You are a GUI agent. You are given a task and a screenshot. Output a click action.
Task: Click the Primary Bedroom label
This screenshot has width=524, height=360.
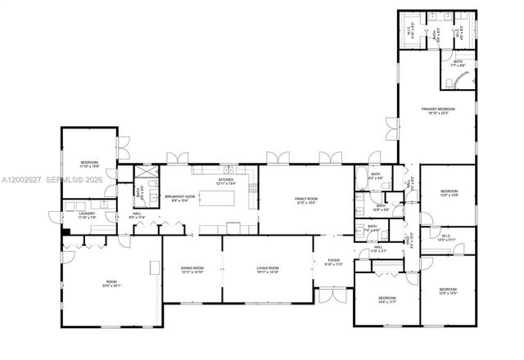(x=438, y=110)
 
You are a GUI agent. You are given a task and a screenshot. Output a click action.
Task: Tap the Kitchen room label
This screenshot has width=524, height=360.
(x=226, y=181)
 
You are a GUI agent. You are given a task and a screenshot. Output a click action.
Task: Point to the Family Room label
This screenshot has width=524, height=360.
(x=306, y=200)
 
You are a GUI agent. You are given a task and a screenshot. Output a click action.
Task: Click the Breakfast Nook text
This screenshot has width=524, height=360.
(x=179, y=198)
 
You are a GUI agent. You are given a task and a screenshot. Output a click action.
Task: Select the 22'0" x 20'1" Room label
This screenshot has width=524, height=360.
(x=111, y=284)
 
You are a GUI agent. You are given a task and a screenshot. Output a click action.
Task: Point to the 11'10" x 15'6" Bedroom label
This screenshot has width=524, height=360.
(x=89, y=164)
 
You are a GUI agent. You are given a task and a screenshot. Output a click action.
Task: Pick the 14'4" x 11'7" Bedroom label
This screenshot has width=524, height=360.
(x=386, y=299)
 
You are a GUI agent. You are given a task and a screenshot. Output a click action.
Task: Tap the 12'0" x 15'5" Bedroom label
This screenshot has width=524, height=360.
(x=447, y=290)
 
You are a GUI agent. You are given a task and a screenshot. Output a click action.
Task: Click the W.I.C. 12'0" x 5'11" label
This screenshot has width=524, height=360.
(x=446, y=237)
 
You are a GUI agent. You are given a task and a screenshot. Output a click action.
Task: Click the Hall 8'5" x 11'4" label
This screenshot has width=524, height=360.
(x=138, y=215)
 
